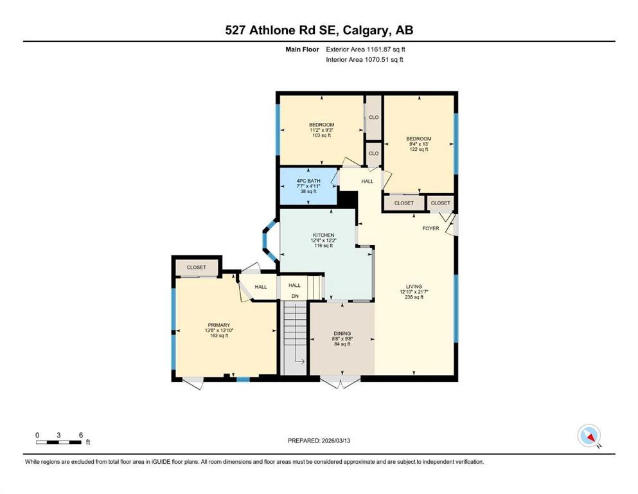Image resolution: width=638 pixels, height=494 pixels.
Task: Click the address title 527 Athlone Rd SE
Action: click(319, 30)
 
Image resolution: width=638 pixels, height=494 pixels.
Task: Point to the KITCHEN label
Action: click(323, 235)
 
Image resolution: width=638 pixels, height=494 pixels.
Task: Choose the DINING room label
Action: click(341, 333)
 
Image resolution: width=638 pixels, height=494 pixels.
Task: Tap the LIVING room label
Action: click(414, 286)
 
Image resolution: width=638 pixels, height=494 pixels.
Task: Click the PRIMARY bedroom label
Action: click(218, 325)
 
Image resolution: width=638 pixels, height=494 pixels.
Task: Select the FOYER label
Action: click(430, 228)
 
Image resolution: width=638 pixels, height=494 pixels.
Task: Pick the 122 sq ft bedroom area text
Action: click(418, 149)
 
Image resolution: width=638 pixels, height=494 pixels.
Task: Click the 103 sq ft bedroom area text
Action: click(321, 135)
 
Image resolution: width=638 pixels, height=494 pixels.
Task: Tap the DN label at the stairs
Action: click(295, 296)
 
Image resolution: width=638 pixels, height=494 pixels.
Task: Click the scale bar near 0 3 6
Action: click(59, 442)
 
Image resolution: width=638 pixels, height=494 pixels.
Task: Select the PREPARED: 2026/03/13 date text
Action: click(319, 441)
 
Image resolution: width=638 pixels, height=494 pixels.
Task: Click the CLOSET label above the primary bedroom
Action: click(196, 267)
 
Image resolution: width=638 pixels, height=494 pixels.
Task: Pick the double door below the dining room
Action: click(341, 382)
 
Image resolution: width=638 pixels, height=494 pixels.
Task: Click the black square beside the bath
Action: click(347, 199)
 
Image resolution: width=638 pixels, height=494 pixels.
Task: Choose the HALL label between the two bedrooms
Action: click(367, 181)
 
